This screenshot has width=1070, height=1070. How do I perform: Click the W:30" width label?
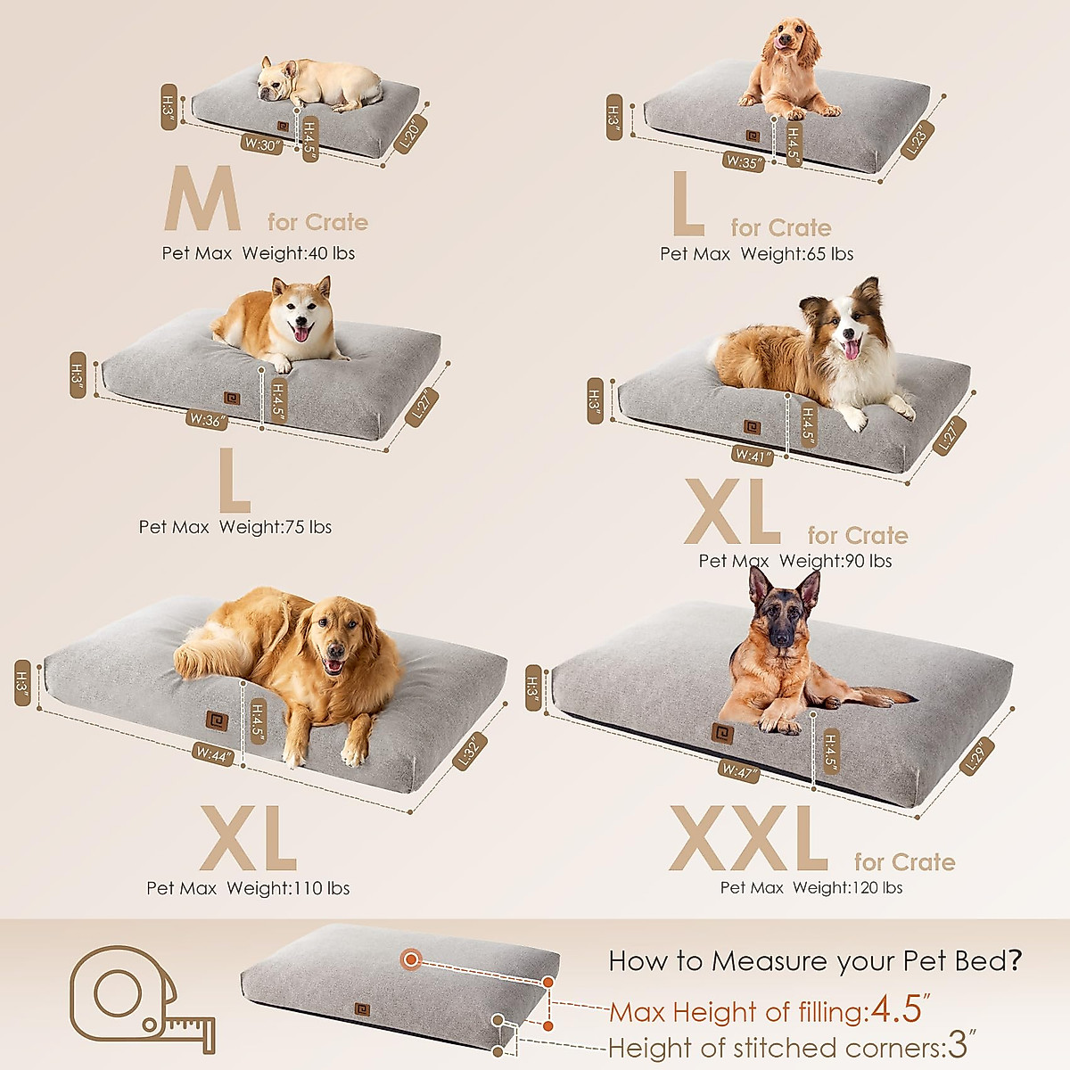pos(261,144)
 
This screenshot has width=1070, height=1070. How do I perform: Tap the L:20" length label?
pos(413,132)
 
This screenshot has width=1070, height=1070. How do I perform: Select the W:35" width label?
pos(742,161)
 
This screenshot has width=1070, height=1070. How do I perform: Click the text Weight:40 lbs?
pos(298,253)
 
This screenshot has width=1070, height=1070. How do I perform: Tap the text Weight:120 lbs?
pos(847,887)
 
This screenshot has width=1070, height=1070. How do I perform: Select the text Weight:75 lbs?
pos(276,527)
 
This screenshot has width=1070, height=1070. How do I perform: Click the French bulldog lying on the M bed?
pos(317,84)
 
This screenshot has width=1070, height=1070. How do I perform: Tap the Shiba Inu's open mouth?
pos(303,333)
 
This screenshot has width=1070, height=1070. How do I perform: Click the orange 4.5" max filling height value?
pos(895,1009)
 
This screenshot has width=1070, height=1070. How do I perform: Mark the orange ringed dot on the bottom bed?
pos(411,959)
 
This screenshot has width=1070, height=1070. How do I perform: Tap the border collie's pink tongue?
pos(850,349)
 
